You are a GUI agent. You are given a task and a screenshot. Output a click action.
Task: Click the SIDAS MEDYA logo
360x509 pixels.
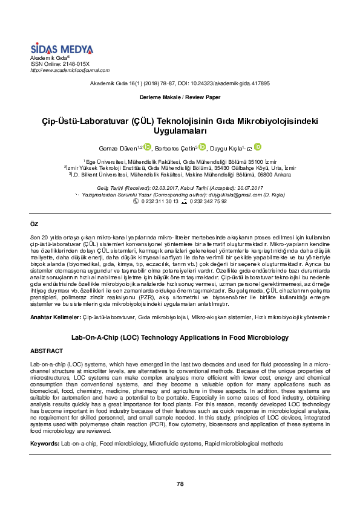tap(61, 48)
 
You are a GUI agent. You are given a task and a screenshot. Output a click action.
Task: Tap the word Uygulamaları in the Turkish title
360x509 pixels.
tap(180, 130)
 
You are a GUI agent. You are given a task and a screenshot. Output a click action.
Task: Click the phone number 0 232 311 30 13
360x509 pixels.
tap(160, 201)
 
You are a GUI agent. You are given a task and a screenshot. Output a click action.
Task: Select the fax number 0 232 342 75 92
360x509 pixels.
tap(208, 201)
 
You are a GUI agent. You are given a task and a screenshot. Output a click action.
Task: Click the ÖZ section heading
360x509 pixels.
tap(34, 224)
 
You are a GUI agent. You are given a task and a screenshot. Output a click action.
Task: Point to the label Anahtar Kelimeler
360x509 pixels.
tap(55, 316)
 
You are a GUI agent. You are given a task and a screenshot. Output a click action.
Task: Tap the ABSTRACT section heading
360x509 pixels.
tap(47, 351)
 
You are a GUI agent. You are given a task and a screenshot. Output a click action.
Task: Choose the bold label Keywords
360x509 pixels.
tap(45, 444)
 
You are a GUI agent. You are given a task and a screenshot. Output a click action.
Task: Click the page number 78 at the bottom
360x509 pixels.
tap(180, 484)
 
